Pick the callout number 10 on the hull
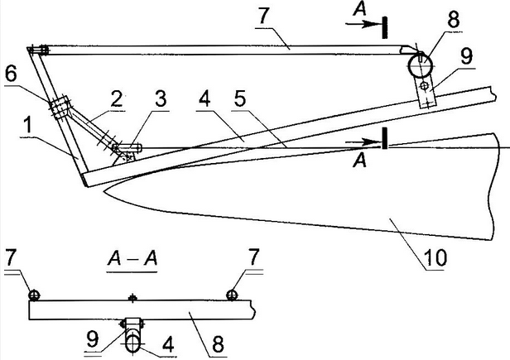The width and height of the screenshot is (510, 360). tap(435, 257)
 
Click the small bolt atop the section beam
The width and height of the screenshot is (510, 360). tap(132, 297)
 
